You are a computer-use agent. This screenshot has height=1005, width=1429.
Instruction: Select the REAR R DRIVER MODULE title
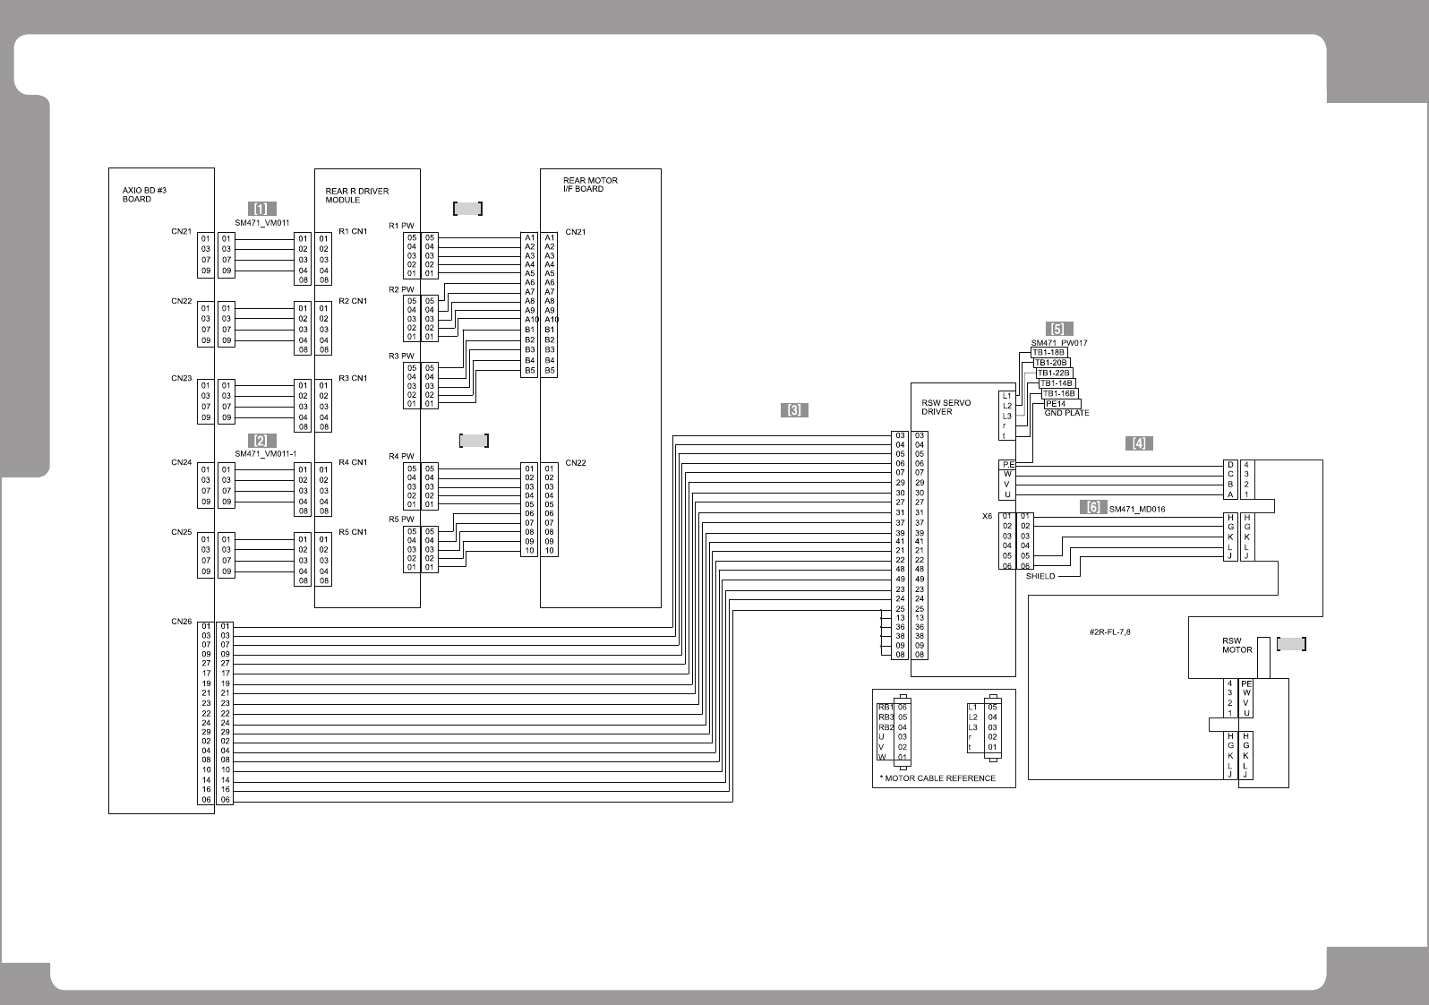[356, 195]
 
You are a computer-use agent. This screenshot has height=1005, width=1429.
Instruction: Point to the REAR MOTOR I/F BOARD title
[590, 185]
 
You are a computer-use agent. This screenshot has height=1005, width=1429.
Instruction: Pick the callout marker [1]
[261, 209]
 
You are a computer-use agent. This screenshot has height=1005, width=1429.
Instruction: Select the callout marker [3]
[794, 410]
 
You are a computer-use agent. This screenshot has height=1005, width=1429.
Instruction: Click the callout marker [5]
[1058, 329]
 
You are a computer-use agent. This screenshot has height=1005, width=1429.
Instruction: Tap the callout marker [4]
[1138, 442]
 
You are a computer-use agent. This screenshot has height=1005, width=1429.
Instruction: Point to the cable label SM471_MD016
[1137, 509]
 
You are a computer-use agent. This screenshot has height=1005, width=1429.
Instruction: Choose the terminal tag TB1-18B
[1048, 352]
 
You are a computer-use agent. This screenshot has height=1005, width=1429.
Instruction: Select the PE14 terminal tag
[1056, 403]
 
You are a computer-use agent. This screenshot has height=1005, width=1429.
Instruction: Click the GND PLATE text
[1066, 413]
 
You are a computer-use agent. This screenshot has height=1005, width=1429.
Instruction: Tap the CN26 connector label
[182, 622]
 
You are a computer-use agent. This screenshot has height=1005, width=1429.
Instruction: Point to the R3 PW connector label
[401, 356]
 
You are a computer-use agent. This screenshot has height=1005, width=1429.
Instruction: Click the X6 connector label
[988, 516]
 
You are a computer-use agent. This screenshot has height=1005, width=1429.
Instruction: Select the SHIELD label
[1040, 577]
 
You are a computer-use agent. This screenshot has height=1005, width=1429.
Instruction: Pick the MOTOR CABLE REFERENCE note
[938, 777]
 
